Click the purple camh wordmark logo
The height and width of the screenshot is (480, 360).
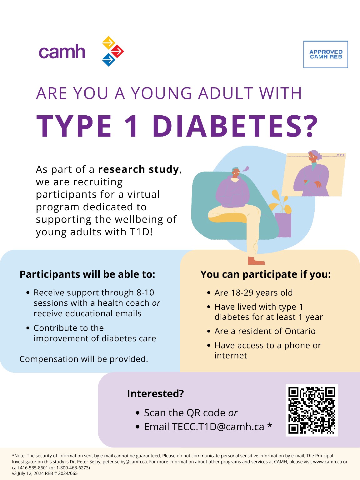click(x=62, y=52)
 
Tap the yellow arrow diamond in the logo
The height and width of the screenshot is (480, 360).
click(x=109, y=42)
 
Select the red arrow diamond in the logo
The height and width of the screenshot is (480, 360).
click(x=117, y=51)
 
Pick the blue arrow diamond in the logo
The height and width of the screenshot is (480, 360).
click(x=109, y=60)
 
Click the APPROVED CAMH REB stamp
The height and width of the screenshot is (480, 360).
click(x=326, y=54)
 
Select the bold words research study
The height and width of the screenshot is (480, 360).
click(x=138, y=170)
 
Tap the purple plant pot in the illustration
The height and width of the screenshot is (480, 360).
click(x=283, y=225)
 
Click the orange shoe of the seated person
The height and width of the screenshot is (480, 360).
click(x=256, y=261)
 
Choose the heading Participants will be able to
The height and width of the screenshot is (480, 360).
click(x=87, y=274)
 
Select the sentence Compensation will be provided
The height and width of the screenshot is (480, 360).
click(x=84, y=359)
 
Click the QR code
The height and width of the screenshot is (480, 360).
click(x=312, y=410)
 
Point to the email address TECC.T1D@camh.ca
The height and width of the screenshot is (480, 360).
click(x=218, y=427)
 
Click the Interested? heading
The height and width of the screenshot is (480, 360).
click(x=155, y=394)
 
